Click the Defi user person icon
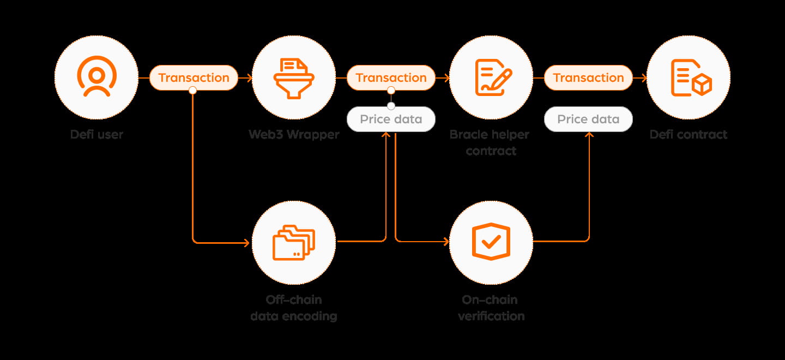(96, 76)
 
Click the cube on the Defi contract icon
(702, 85)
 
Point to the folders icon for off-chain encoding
(294, 243)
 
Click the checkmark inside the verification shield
(491, 242)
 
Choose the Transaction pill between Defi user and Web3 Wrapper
(194, 77)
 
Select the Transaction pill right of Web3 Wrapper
(391, 77)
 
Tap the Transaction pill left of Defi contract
(588, 77)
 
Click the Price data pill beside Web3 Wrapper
(391, 119)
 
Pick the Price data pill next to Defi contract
(588, 119)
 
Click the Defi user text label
(96, 135)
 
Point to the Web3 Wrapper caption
(294, 135)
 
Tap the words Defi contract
(689, 135)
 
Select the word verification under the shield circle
(491, 316)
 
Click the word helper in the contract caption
(510, 135)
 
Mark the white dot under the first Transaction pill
(192, 91)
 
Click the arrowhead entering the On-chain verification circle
(446, 241)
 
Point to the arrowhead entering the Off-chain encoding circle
(246, 242)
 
